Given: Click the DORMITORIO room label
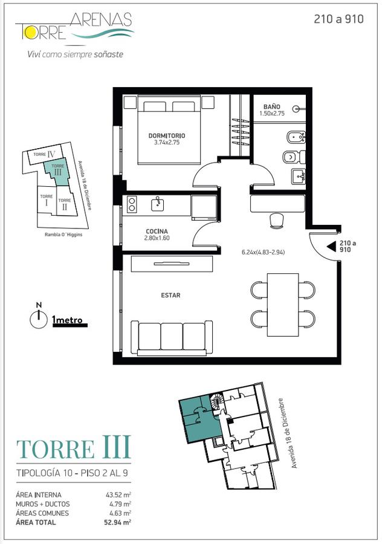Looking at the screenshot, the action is click(167, 135).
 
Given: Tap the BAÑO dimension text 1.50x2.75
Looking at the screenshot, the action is click(272, 113).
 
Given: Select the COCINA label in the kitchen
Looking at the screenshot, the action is click(157, 232).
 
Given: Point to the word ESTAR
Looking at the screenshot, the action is click(170, 295).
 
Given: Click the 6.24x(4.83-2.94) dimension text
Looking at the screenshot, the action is click(264, 252).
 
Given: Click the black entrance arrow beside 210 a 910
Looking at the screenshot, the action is click(332, 247).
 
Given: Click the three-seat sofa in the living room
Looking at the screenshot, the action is click(172, 338).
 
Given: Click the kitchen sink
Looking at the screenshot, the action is click(158, 204).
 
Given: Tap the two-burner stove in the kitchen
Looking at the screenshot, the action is click(132, 204).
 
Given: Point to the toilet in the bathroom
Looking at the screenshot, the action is click(294, 158).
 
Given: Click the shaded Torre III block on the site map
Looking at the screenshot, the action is click(57, 172).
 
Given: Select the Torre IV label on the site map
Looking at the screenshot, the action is click(45, 154).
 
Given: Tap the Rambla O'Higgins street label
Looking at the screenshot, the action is click(63, 235).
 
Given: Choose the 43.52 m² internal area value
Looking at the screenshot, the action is click(118, 495).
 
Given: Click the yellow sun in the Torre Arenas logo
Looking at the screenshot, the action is click(29, 32).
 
